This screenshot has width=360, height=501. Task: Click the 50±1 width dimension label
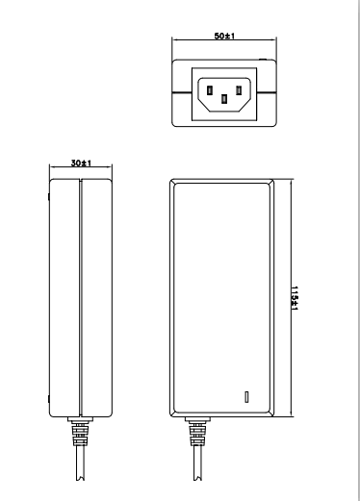click(224, 36)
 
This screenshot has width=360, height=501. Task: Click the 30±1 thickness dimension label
click(81, 163)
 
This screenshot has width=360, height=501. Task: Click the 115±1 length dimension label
click(295, 298)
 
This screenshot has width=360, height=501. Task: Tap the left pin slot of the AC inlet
click(210, 90)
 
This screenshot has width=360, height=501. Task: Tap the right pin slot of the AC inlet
click(239, 90)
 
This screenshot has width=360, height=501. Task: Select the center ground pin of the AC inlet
click(224, 99)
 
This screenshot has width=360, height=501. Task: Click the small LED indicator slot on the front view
click(246, 396)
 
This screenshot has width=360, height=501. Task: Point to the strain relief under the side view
click(80, 432)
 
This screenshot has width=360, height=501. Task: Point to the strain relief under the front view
click(197, 432)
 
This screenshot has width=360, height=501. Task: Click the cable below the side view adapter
click(80, 463)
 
